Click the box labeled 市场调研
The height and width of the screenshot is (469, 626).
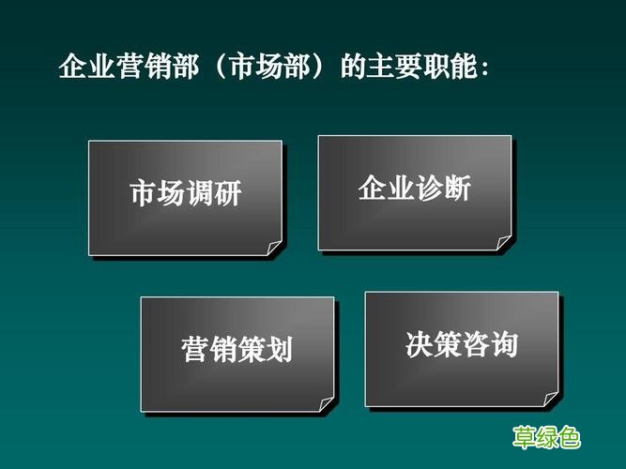coord(185,197)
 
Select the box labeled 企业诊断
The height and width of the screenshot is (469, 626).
coord(414,191)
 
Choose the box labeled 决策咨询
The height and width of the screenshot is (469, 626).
coord(461,348)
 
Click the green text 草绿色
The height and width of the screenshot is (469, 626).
coord(546,437)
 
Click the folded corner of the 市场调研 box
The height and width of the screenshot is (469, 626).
coord(274,249)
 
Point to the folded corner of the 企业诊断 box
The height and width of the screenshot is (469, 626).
coord(504,243)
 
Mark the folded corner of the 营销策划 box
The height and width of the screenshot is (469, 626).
coord(326,405)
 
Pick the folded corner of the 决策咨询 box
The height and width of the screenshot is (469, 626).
coord(551,400)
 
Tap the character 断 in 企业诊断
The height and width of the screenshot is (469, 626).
coord(456,189)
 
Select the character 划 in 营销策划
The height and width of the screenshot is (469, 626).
coord(279,351)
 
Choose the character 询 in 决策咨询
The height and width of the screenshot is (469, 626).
coord(504,345)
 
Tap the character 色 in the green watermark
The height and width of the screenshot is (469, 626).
coord(569,437)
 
